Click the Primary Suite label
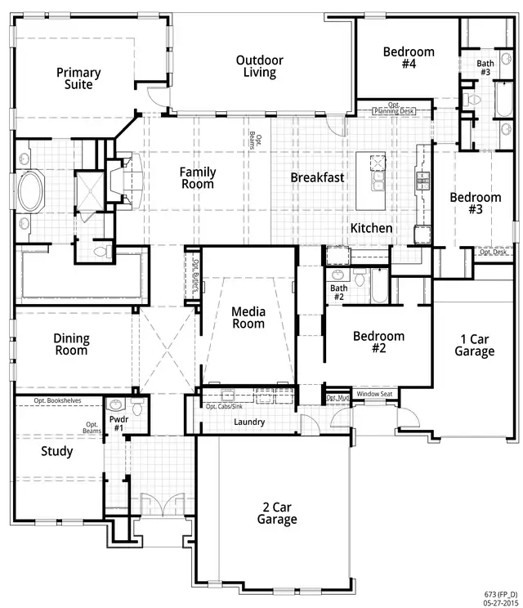coord(78,78)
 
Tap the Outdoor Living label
coord(260,66)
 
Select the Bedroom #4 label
coord(409,58)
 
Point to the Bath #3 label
coord(485,68)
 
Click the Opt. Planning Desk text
coord(396,109)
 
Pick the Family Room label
coord(198,178)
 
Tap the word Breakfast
coord(318,177)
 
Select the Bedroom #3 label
coord(475,203)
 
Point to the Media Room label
coord(248,317)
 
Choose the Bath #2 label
coord(338,293)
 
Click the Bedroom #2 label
coord(378,342)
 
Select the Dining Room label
coord(71,344)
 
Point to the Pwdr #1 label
coord(118,422)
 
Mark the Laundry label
coord(248,422)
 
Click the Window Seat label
coord(374,394)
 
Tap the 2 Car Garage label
coord(277,512)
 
